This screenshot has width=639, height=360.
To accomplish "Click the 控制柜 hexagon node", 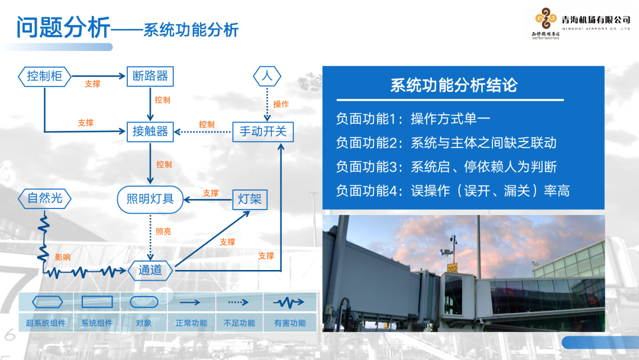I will (x=45, y=76).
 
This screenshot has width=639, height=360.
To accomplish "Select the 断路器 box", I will (x=150, y=76).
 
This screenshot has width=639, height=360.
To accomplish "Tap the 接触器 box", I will (x=150, y=131).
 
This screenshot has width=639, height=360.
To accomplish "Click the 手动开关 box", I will (x=263, y=131).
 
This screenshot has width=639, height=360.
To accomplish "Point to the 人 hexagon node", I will (x=267, y=76).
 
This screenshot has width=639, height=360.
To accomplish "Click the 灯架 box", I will (x=250, y=199).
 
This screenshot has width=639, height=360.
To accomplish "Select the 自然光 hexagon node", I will (x=45, y=198).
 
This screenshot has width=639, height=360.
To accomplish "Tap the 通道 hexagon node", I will (x=150, y=270).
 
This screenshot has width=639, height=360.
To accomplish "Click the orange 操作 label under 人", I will (x=281, y=104).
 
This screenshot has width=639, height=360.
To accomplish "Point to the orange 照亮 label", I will (x=163, y=232).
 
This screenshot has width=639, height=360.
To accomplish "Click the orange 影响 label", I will (x=63, y=257).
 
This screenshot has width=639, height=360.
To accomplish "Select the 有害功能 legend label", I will (x=290, y=323).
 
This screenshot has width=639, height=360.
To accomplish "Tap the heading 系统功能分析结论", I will (x=454, y=85).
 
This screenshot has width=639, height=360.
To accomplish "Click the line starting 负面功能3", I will (x=447, y=167).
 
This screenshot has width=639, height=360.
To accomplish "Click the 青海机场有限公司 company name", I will (x=596, y=20).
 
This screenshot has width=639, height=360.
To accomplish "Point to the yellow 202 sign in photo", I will (x=453, y=269).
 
